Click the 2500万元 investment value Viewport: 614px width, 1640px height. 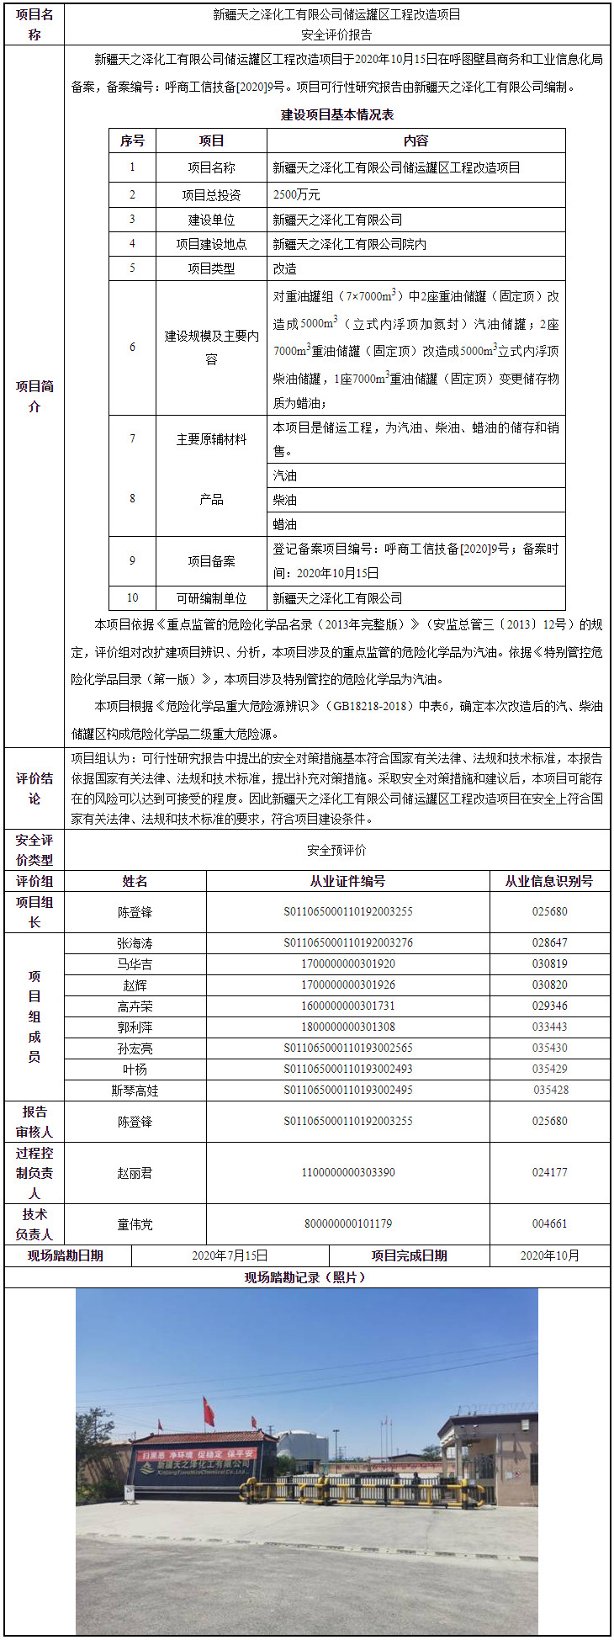(296, 194)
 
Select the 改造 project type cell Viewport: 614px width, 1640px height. (284, 268)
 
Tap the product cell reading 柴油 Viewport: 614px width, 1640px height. (284, 500)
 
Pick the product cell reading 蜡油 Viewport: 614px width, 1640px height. (284, 524)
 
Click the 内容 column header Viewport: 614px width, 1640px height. (416, 141)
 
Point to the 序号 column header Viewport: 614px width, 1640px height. (132, 141)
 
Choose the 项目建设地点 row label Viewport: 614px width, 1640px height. (211, 244)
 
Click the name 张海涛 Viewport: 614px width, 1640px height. (135, 943)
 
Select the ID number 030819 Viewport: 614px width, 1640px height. (549, 964)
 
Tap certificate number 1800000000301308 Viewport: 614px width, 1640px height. (348, 1027)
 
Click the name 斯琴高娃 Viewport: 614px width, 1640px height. (135, 1091)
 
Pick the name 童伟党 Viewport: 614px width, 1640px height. (135, 1224)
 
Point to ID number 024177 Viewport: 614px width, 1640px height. (549, 1172)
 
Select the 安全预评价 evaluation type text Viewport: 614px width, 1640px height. (336, 850)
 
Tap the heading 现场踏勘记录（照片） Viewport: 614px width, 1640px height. (307, 1277)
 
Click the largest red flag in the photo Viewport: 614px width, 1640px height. (208, 1412)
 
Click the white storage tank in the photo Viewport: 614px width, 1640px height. (303, 1445)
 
